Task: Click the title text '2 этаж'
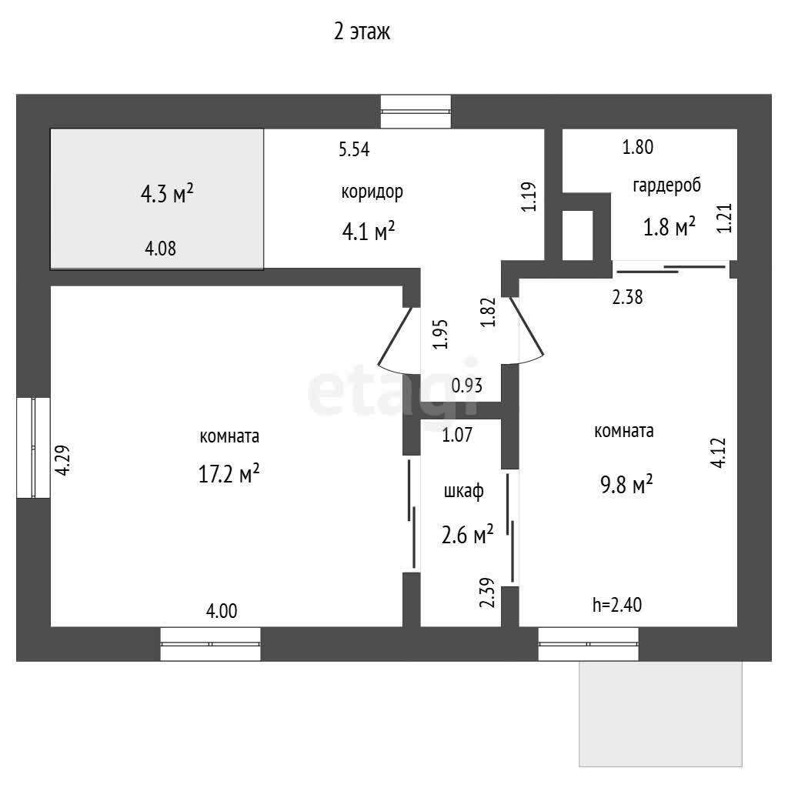[x=362, y=32]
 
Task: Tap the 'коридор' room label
[x=372, y=192]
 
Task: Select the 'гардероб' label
[x=666, y=185]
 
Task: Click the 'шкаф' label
[x=463, y=490]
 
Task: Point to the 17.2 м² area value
[x=229, y=473]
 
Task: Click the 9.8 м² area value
[x=626, y=485]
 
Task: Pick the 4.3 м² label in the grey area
[x=167, y=193]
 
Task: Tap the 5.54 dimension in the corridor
[x=354, y=149]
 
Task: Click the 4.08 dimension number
[x=160, y=249]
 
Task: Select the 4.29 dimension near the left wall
[x=63, y=460]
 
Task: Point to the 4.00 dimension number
[x=222, y=611]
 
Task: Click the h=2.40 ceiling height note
[x=617, y=605]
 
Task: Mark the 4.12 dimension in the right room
[x=719, y=453]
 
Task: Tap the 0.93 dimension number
[x=467, y=386]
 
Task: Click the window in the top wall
[x=416, y=112]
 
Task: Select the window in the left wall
[x=33, y=448]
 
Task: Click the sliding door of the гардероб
[x=671, y=269]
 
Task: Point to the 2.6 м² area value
[x=467, y=535]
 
